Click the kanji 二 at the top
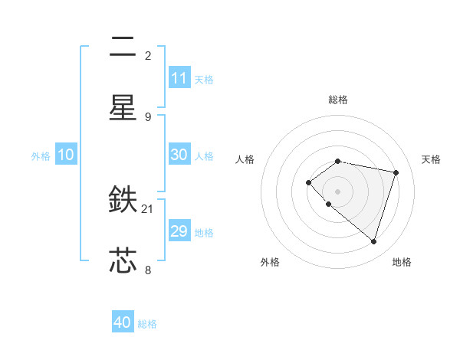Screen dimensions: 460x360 123,47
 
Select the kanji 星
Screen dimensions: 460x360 123,107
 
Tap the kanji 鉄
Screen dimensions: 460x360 123,201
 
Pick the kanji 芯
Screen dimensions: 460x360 123,260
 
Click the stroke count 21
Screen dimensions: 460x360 148,208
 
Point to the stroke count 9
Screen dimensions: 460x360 148,116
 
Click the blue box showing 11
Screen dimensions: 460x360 179,78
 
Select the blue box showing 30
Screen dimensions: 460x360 179,155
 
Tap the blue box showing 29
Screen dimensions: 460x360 179,231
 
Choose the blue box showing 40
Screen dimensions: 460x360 123,322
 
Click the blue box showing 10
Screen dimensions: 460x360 66,155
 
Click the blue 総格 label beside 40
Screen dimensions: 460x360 148,324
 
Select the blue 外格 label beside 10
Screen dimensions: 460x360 41,156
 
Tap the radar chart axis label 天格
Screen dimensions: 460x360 431,159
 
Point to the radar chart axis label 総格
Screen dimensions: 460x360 338,100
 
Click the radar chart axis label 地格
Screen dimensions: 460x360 402,262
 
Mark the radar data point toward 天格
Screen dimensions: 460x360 396,172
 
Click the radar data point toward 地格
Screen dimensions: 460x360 373,242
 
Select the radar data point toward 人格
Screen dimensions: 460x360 308,182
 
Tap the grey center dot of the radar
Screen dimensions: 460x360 338,191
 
